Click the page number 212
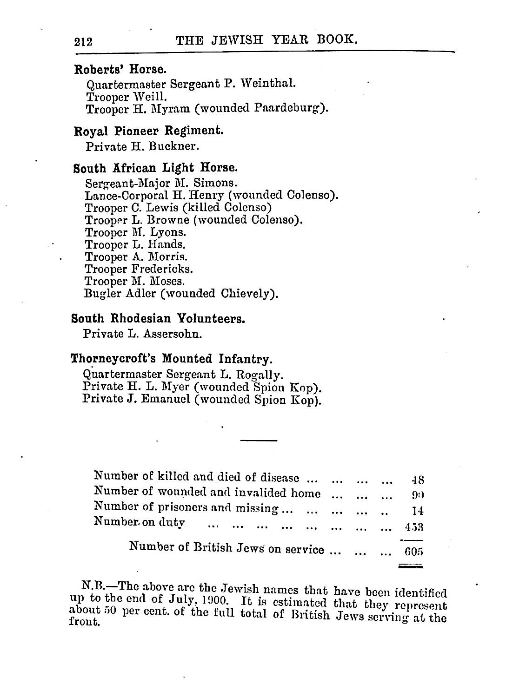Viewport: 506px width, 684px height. [84, 42]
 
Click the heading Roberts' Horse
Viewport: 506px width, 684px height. [120, 70]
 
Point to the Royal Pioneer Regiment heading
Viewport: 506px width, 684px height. [148, 131]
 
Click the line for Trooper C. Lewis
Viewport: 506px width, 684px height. [178, 207]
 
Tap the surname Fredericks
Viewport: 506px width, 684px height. [162, 269]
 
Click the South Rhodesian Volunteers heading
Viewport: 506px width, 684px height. [158, 319]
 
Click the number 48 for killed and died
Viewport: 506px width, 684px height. [418, 480]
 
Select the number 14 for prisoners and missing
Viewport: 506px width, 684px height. [418, 511]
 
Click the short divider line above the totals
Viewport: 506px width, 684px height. [259, 440]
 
